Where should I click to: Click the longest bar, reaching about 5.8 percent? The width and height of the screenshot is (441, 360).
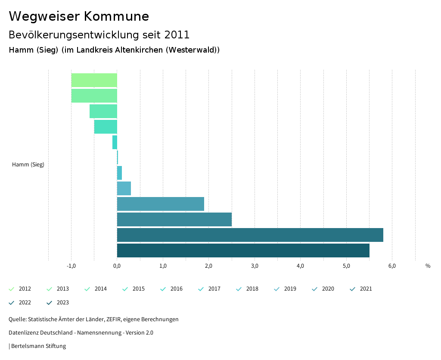click(250, 235)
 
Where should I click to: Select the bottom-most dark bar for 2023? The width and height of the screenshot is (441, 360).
click(243, 250)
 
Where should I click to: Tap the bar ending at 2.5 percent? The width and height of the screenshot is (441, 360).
click(174, 219)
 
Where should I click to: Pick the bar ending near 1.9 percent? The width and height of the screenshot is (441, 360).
click(160, 204)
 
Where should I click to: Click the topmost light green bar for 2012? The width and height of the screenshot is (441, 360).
click(94, 80)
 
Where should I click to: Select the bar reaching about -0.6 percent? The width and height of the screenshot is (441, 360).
click(103, 111)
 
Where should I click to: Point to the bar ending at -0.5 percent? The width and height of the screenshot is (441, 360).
click(106, 127)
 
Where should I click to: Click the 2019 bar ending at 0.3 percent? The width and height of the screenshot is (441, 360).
click(124, 188)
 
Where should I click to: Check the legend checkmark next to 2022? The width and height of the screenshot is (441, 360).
click(12, 303)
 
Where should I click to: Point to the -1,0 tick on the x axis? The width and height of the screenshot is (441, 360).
click(71, 266)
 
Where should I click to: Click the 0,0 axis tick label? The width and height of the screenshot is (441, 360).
click(117, 266)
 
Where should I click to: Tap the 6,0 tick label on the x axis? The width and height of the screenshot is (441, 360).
click(392, 266)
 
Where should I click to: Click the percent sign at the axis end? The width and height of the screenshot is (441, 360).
click(428, 266)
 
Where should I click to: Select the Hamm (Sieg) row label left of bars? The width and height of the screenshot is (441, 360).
click(28, 164)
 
